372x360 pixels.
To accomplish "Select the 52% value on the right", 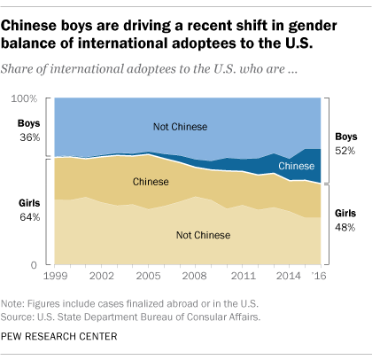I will pyautogui.click(x=344, y=152).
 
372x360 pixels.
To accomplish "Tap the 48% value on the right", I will pyautogui.click(x=344, y=228).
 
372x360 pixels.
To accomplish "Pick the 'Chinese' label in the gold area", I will pyautogui.click(x=151, y=182).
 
